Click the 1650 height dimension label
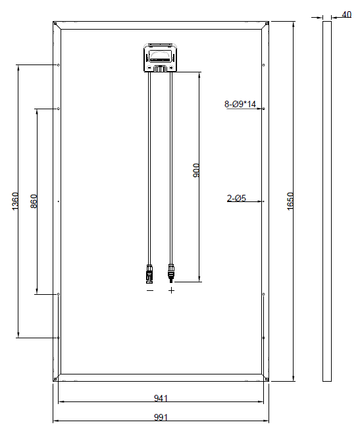point(290,201)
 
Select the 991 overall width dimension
point(161,417)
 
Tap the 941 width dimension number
point(161,398)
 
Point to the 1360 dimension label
point(15,201)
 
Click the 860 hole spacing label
point(34,201)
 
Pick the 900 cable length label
point(196,170)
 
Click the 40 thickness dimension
point(346,14)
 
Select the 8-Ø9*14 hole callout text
point(240,104)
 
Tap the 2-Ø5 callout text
point(236,198)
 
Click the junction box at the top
point(161,58)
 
